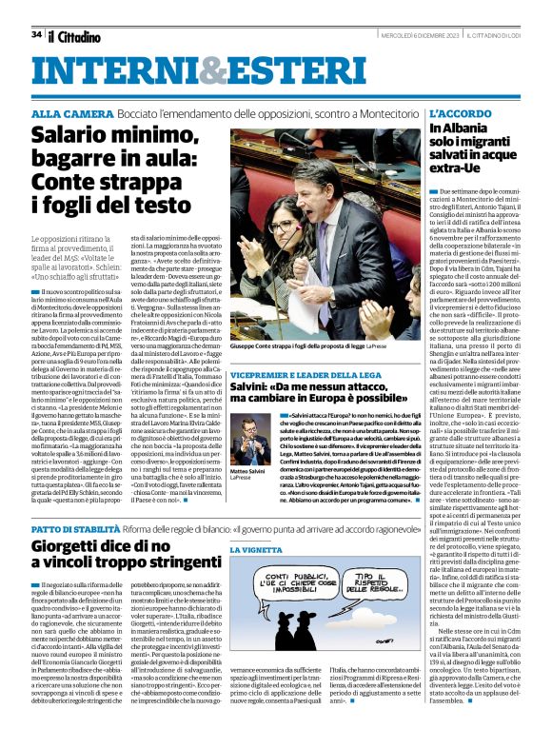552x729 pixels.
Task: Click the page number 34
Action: [x=36, y=34]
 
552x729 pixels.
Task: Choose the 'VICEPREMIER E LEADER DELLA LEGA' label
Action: [x=302, y=376]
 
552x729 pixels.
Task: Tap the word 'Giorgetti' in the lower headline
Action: [x=73, y=547]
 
